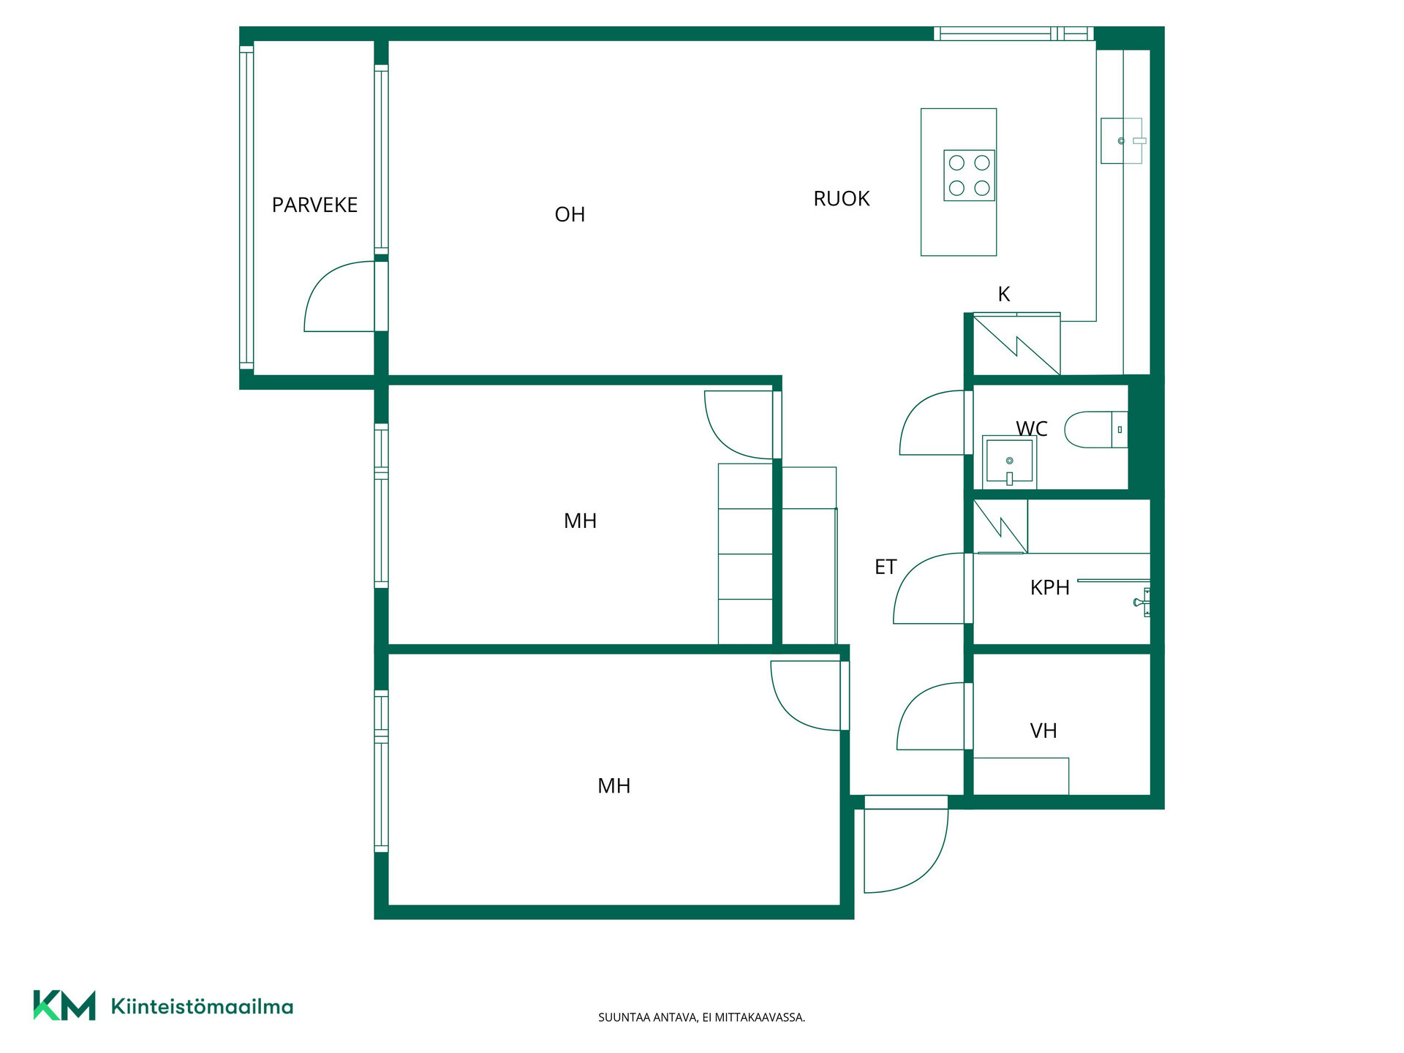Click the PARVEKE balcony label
314,205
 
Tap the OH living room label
570,214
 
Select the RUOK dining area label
842,199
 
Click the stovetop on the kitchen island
969,175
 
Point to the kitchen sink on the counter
1122,140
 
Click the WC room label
1032,429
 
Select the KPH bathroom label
1049,587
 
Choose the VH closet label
1043,731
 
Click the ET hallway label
886,567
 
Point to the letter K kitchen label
1004,294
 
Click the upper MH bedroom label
580,521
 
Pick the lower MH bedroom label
614,785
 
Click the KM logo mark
64,1005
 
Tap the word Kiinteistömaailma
202,1006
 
